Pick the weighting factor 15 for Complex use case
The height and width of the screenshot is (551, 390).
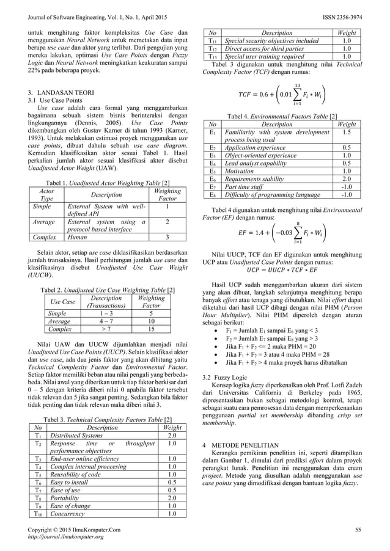coord(150,327)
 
